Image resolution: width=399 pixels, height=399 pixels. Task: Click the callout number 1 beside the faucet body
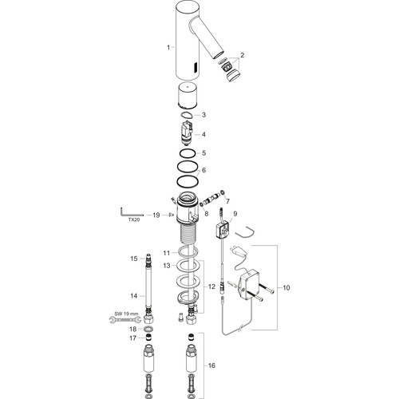168,47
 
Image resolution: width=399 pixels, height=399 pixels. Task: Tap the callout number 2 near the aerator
242,55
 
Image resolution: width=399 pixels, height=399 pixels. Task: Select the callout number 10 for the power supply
286,287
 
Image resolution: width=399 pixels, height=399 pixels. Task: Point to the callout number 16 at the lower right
211,365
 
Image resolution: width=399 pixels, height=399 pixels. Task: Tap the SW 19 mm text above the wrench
126,314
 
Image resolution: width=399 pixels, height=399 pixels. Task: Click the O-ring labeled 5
188,153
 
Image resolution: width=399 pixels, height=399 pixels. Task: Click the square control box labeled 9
223,229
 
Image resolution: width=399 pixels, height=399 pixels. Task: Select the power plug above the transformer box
239,251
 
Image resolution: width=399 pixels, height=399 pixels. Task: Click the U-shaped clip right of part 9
245,234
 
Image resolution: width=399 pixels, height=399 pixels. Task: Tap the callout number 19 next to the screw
156,215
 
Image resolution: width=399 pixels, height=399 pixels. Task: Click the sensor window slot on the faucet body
196,68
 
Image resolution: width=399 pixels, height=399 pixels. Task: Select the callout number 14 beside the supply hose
134,295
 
